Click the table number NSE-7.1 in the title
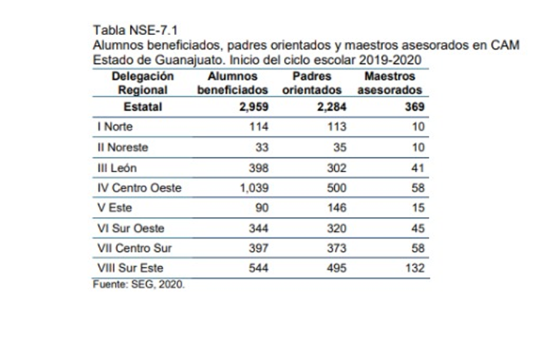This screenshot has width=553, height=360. pos(153,30)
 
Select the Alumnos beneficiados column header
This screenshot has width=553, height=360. pos(232,83)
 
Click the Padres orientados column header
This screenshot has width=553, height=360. pos(312,83)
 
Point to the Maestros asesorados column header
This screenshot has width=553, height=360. pos(390,83)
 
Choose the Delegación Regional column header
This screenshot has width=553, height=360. pos(142,83)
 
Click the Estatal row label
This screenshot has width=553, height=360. pos(142,107)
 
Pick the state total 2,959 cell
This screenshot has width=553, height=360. pos(253,107)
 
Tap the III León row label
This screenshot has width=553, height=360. pos(117,168)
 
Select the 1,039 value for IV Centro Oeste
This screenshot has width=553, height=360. pos(254,188)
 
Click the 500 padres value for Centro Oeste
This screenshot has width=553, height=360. pos(336,188)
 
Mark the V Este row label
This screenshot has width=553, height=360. pos(115,208)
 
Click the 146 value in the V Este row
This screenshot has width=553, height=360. pos(336,208)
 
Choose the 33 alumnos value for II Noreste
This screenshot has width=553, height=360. pos(262,147)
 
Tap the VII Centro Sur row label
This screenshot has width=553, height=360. pos(135,248)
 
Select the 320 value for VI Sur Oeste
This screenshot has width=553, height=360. pos(336,228)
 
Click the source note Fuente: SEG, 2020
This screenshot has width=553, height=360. pos(139,284)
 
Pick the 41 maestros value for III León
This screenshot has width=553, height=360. pos(418,168)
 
